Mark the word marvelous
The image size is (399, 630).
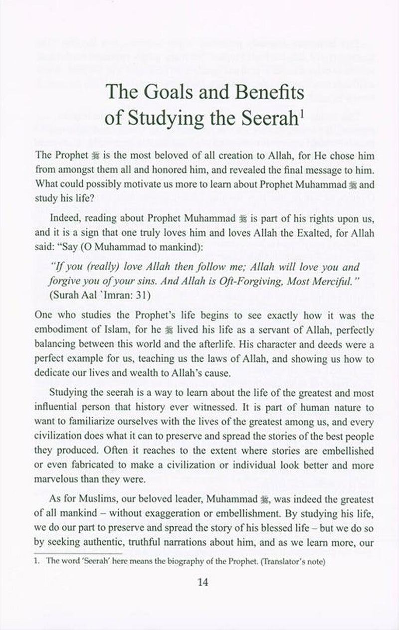[58, 480]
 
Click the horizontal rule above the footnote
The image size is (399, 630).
[78, 553]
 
